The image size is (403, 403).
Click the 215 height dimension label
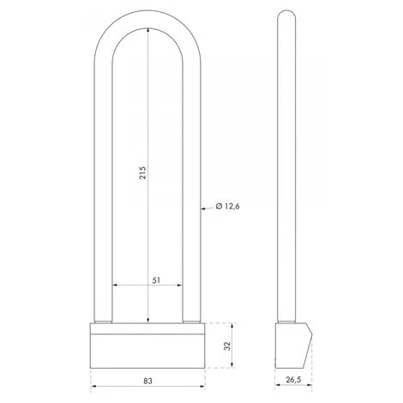(x=142, y=172)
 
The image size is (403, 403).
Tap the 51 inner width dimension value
(x=156, y=280)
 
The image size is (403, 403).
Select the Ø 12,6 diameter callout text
(x=227, y=206)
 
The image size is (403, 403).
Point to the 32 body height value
(x=227, y=346)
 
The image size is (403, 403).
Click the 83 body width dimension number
(x=147, y=381)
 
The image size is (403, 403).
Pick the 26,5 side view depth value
(x=294, y=380)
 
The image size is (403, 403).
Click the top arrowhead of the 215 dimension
(x=147, y=30)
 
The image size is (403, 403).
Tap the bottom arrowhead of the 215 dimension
(x=147, y=321)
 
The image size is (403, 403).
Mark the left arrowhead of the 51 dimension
(x=115, y=285)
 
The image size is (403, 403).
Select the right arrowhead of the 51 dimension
(x=179, y=285)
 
